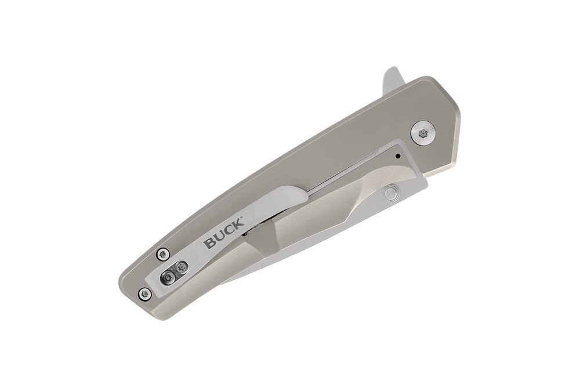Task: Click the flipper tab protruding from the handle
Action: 394,81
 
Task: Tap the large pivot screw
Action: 423,133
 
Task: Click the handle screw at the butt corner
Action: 145,294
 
